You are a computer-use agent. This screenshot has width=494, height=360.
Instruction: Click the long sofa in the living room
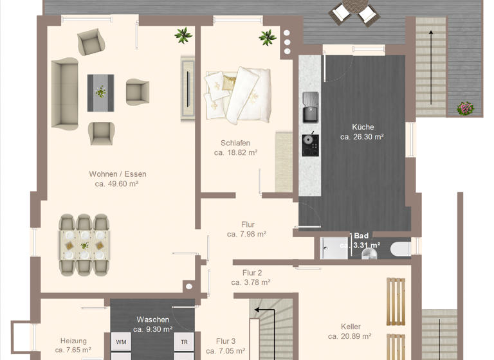(64, 94)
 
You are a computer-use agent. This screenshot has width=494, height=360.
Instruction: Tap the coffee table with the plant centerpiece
(100, 93)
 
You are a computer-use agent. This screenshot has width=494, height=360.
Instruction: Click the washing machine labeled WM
(120, 342)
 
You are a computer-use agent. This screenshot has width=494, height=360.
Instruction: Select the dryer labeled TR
(184, 342)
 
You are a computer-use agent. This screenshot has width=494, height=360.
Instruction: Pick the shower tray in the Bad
(334, 248)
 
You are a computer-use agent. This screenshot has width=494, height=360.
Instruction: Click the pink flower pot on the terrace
(465, 108)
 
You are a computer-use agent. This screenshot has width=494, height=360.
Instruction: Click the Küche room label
(362, 127)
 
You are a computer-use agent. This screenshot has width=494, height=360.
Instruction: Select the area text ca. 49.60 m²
(116, 184)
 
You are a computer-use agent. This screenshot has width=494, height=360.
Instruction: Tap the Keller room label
(351, 327)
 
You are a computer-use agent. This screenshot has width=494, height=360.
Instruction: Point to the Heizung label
(73, 341)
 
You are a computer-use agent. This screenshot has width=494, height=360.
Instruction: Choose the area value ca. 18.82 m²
(236, 153)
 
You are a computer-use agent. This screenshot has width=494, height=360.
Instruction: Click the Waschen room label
(152, 319)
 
